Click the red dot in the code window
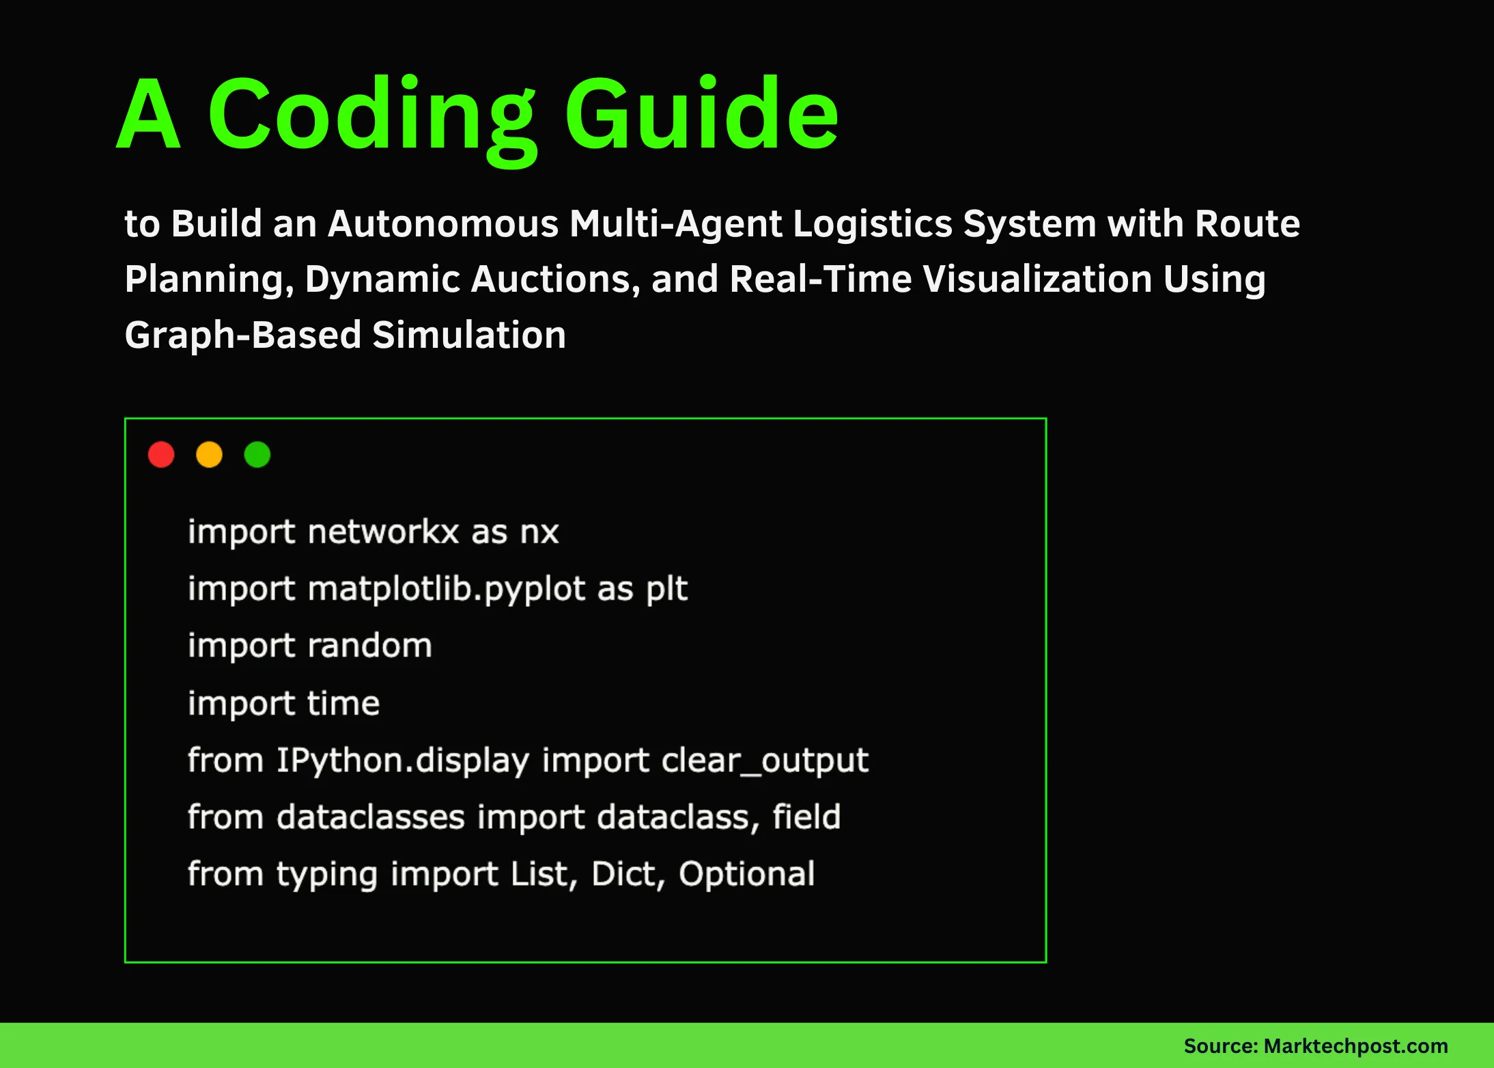pyautogui.click(x=161, y=454)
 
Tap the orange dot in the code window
pyautogui.click(x=209, y=454)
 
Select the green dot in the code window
pyautogui.click(x=257, y=454)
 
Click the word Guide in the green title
pyautogui.click(x=701, y=114)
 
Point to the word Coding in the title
pyautogui.click(x=372, y=116)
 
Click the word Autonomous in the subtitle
pyautogui.click(x=443, y=223)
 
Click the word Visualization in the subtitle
pyautogui.click(x=1037, y=279)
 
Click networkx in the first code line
pyautogui.click(x=382, y=532)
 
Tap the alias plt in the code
pyautogui.click(x=666, y=589)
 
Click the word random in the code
pyautogui.click(x=369, y=646)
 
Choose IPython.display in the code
pyautogui.click(x=403, y=761)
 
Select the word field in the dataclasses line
pyautogui.click(x=806, y=817)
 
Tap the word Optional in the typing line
pyautogui.click(x=746, y=874)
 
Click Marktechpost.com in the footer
pyautogui.click(x=1355, y=1046)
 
